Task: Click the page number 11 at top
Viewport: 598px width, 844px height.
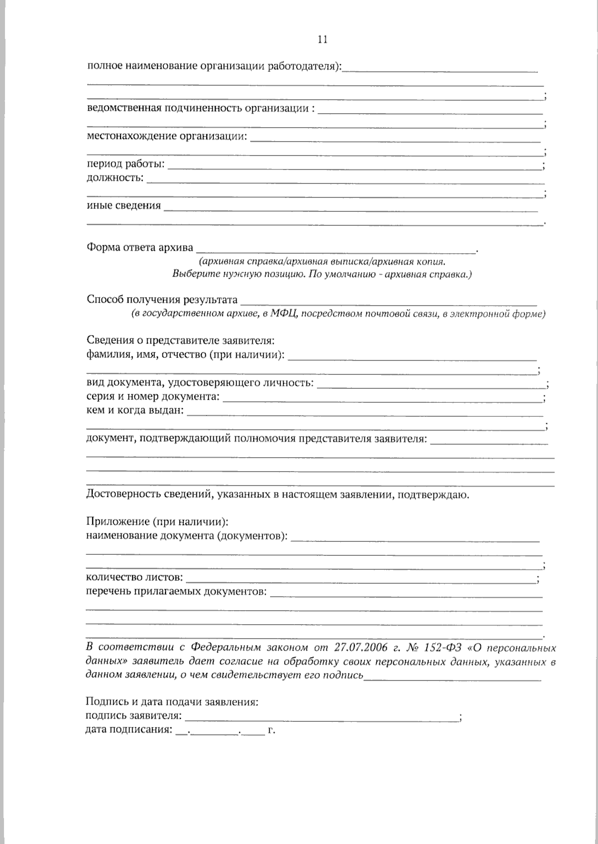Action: (x=322, y=40)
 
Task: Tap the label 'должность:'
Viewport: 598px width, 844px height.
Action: (x=115, y=178)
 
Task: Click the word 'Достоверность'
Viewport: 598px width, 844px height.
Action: (x=118, y=495)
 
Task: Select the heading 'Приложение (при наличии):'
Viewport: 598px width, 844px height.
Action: (x=157, y=522)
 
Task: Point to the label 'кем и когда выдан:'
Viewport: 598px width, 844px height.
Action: (x=135, y=411)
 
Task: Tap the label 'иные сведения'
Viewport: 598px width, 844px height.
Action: (x=124, y=205)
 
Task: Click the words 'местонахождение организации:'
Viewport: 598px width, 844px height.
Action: (x=167, y=136)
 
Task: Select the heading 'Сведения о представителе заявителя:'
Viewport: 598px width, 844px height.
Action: (x=180, y=341)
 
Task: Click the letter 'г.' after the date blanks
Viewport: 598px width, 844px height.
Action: (x=272, y=731)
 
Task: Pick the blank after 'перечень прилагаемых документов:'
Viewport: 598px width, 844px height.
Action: (x=405, y=593)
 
